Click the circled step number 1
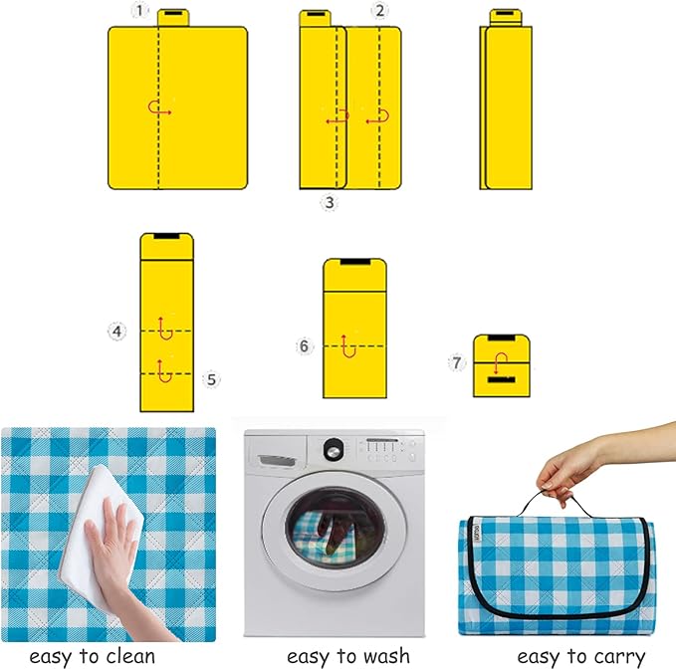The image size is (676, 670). tap(139, 11)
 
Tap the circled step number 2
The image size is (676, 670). tap(378, 11)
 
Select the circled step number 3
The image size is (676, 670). tap(329, 202)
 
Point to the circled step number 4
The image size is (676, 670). tap(117, 331)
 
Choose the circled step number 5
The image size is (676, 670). tap(210, 379)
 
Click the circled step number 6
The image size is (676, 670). tap(305, 346)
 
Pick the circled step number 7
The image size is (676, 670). tap(457, 362)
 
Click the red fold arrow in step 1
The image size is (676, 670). tap(159, 109)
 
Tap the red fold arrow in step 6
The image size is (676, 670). tap(347, 344)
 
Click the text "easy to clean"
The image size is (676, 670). tap(93, 656)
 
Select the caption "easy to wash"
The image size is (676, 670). tap(347, 656)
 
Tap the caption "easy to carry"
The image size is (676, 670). tap(580, 656)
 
